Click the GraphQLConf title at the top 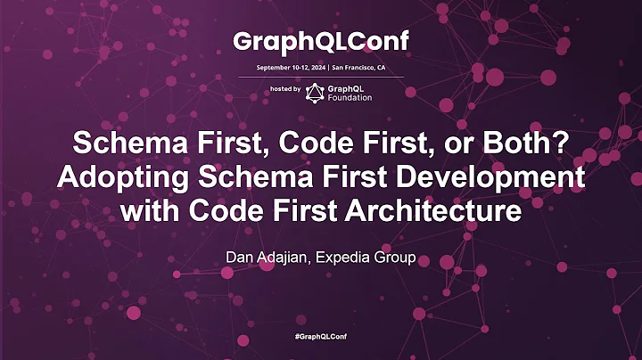click(x=320, y=41)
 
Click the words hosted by click(x=284, y=90)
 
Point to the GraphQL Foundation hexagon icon click(x=314, y=93)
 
